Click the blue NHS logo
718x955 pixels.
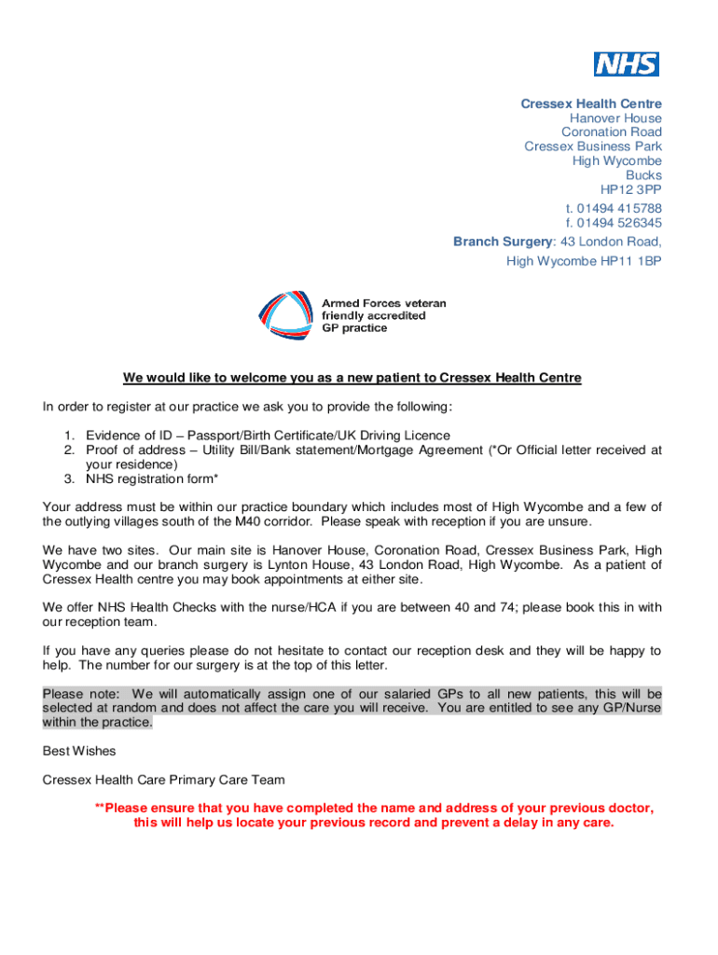click(x=627, y=64)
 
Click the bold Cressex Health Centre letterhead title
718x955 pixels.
click(x=591, y=104)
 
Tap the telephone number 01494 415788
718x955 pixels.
click(x=622, y=209)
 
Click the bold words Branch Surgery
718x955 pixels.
click(x=503, y=242)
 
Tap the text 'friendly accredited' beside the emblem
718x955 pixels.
click(x=373, y=316)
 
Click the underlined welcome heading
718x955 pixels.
click(x=352, y=378)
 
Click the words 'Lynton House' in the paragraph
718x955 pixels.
click(x=276, y=564)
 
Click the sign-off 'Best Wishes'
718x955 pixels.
click(x=79, y=750)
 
